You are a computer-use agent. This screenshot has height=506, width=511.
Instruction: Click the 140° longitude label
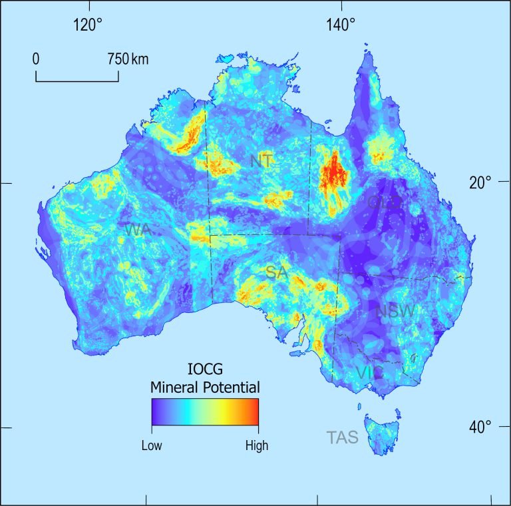coord(341,25)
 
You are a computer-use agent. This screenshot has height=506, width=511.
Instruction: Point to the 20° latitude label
coord(479,182)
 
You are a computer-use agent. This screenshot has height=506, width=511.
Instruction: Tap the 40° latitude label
coord(479,426)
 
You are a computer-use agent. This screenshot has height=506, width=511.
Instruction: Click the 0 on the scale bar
coord(36,59)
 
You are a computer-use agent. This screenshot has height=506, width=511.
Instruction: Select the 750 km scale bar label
coord(128,59)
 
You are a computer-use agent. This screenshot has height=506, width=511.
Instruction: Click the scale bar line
coord(77,81)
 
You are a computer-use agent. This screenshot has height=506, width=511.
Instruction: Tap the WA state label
coord(138,230)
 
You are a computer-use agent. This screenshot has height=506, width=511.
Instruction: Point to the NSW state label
coord(395,312)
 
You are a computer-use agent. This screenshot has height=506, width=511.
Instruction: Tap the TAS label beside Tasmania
coord(343,438)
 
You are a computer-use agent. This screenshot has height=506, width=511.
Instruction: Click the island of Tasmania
coord(381,433)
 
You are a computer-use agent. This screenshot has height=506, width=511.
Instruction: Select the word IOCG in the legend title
coord(204,370)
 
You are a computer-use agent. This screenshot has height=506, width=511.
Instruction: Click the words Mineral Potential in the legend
coord(204,387)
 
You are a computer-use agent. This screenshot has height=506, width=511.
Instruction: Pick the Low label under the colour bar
coord(152,445)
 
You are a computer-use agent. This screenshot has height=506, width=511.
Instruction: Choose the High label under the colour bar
coord(256,445)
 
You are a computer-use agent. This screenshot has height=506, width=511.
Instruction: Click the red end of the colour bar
coord(253,411)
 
